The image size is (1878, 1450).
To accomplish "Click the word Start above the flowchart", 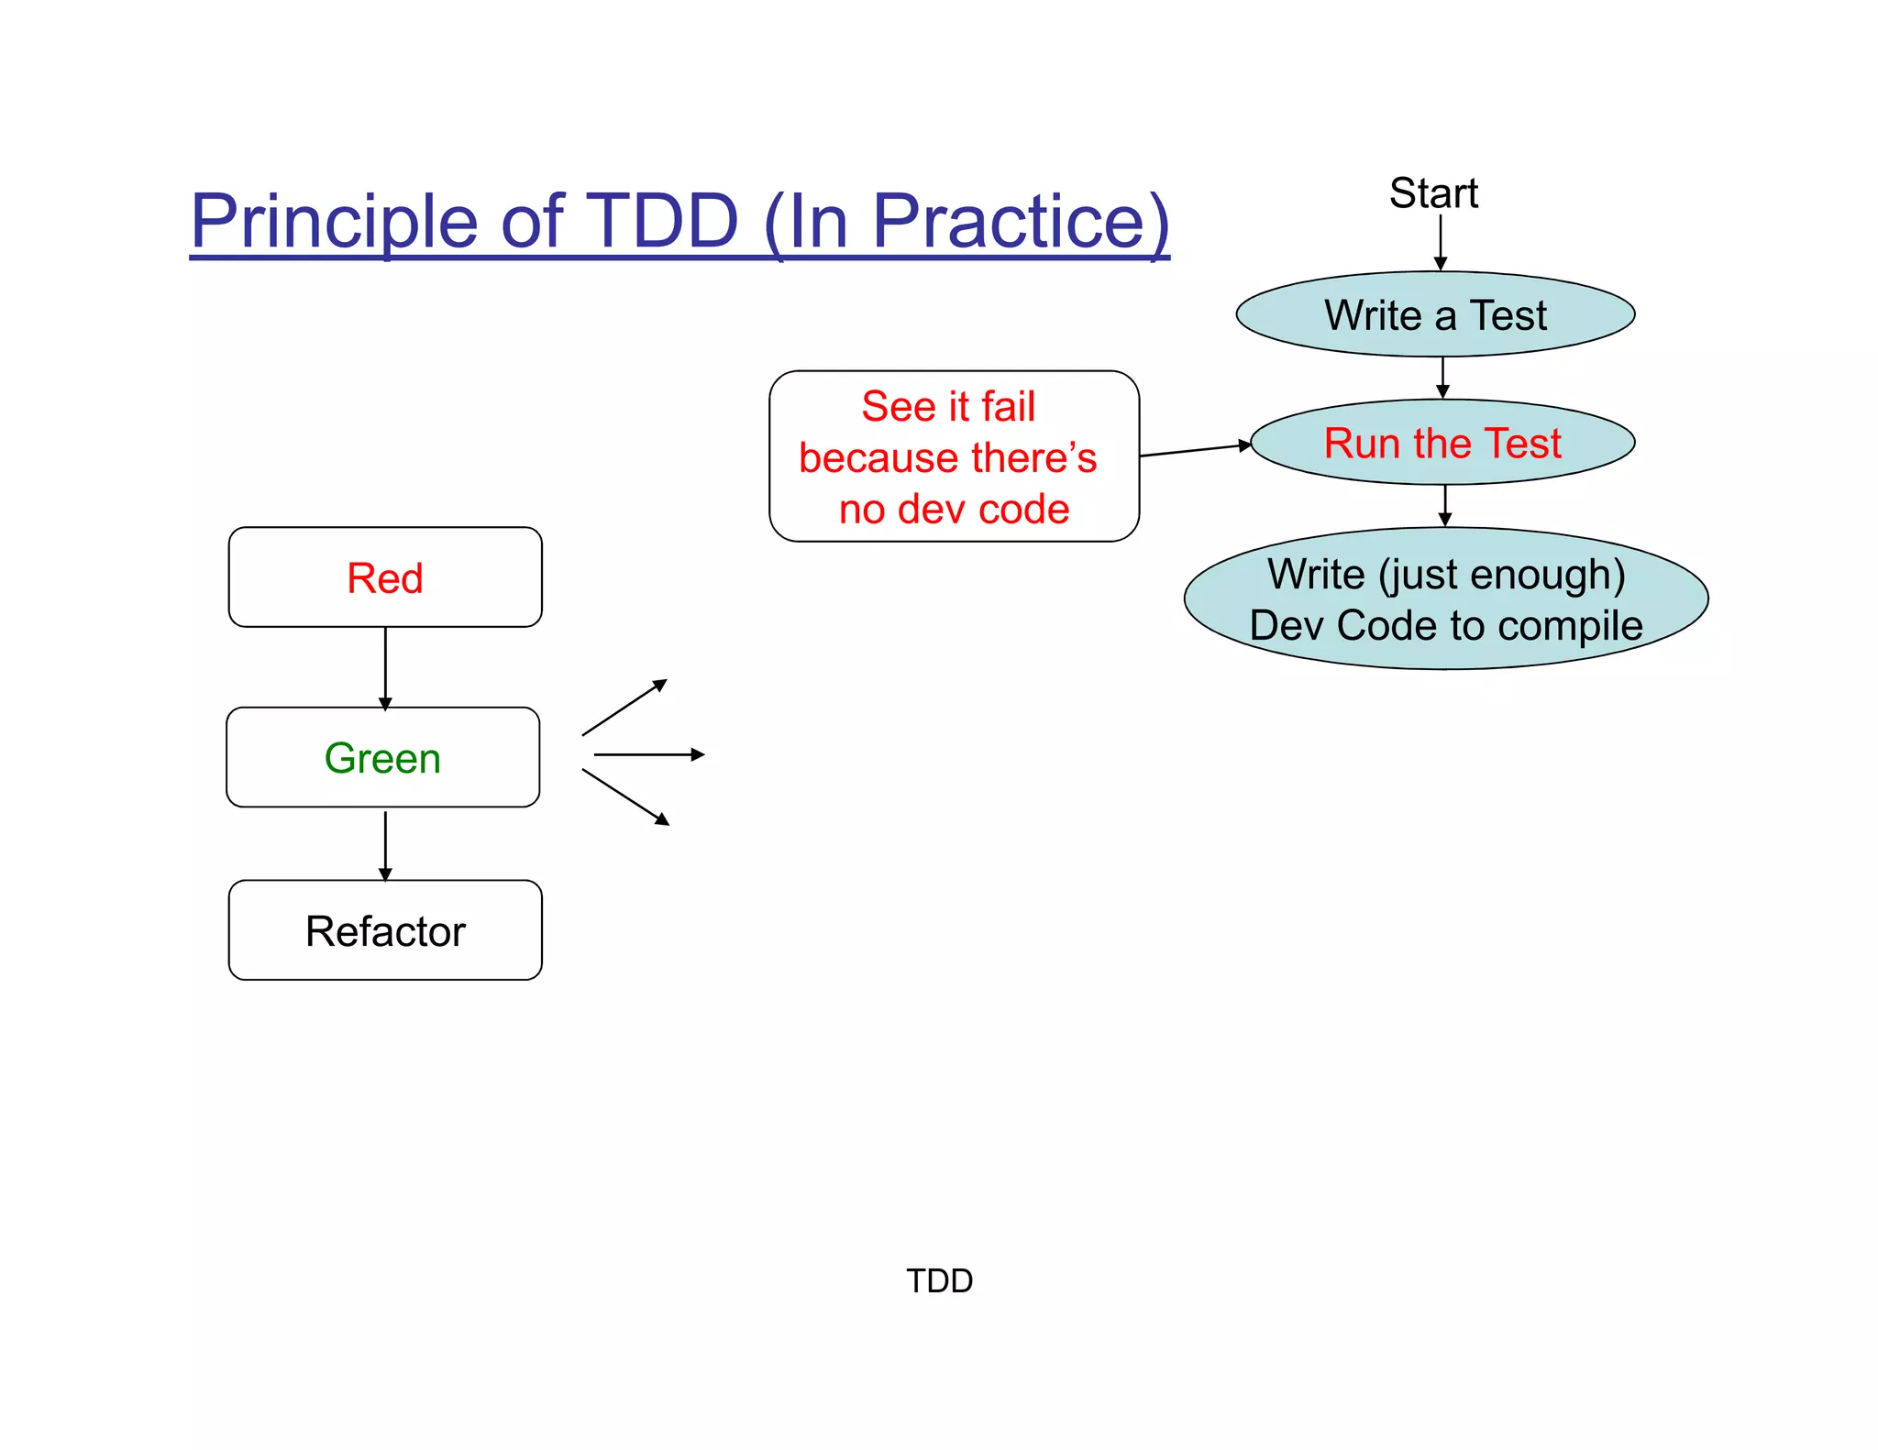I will point(1433,193).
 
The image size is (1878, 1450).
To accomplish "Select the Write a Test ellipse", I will point(1435,314).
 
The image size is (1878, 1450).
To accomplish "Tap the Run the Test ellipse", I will point(1442,443).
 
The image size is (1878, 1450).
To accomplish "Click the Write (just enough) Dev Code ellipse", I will point(1446,599).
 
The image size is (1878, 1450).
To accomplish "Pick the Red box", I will point(385,577).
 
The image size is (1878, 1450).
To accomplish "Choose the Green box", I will point(383,758).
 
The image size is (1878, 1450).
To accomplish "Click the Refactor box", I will point(385,930).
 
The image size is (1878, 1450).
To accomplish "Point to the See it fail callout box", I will point(954,456).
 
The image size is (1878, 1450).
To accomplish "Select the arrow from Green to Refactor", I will point(385,844).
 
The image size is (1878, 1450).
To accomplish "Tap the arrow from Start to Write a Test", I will point(1441,242).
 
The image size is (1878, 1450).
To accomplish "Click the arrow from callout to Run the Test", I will point(1195,450).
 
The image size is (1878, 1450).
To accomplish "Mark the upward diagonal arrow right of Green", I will point(624,708).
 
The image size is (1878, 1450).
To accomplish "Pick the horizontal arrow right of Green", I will point(649,754).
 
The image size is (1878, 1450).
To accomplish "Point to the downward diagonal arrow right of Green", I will point(625,797).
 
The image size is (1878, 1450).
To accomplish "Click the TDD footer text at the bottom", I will point(939,1280).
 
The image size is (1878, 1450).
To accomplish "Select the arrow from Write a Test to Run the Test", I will point(1443,378).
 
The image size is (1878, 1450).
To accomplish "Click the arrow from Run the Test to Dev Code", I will point(1445,505).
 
